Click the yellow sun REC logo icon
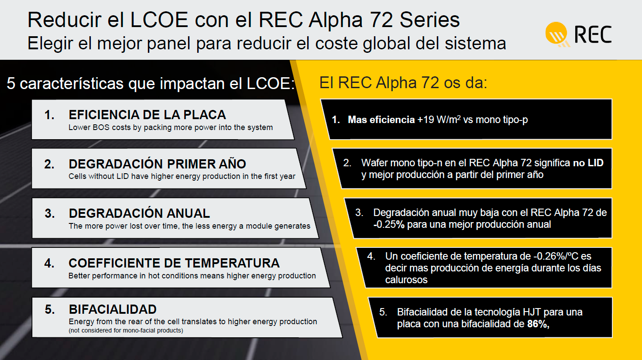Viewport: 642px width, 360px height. tap(557, 34)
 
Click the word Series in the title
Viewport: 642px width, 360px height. tap(429, 20)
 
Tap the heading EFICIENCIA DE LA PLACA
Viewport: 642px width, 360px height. tap(148, 115)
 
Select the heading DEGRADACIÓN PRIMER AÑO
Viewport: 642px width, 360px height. tap(158, 164)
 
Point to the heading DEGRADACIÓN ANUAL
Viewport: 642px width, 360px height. tap(139, 213)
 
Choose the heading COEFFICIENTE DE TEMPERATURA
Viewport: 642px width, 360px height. tap(174, 263)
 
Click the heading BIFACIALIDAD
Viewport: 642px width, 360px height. tap(113, 309)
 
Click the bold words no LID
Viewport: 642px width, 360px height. tap(588, 163)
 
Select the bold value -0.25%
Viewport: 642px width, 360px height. tap(389, 224)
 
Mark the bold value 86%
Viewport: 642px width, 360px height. tap(538, 324)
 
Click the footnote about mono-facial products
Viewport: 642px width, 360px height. tap(126, 330)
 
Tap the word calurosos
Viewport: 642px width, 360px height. tap(406, 280)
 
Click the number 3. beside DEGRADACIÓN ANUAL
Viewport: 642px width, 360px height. tap(50, 213)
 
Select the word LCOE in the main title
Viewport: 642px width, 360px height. tap(159, 20)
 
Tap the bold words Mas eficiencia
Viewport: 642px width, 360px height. tap(381, 120)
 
